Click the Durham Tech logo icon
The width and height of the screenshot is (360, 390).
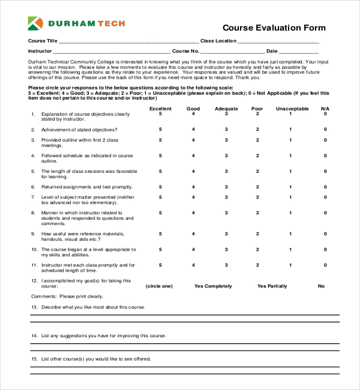[36, 24]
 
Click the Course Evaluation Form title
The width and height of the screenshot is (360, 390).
[274, 28]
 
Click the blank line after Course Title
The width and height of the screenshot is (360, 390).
[128, 43]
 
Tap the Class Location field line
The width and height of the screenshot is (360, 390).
[278, 43]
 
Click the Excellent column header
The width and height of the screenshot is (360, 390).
[160, 109]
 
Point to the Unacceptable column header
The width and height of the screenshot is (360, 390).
[292, 109]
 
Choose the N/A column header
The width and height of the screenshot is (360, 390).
[325, 109]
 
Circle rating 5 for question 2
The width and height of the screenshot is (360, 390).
[160, 130]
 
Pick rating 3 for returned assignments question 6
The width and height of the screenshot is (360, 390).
[226, 187]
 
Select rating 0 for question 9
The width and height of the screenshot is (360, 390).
[325, 233]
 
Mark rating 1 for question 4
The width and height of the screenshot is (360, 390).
[290, 155]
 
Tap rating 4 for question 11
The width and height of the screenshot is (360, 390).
[193, 265]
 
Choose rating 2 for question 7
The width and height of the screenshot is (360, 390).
[257, 197]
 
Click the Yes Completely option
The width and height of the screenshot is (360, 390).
[213, 286]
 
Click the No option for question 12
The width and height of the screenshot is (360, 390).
[321, 286]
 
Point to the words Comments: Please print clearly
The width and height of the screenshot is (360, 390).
[67, 296]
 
